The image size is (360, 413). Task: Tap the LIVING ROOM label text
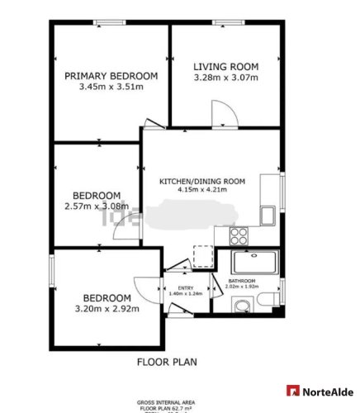225,66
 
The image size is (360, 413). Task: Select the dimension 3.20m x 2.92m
107,309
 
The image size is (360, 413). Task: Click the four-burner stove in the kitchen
238,235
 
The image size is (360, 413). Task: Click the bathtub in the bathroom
256,263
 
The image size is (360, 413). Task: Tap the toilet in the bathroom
241,308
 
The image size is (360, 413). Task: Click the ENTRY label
186,287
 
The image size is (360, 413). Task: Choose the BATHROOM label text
242,282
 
